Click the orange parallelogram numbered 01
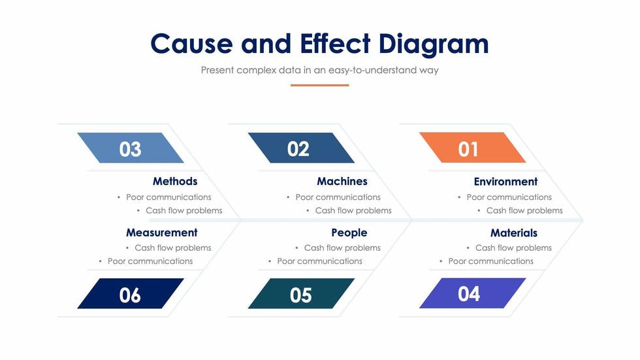click(472, 148)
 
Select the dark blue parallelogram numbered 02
click(301, 148)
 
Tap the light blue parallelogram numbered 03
click(131, 148)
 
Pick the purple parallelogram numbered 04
click(472, 293)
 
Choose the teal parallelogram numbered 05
click(301, 293)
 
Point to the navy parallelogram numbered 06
click(131, 293)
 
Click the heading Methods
click(175, 181)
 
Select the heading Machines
click(342, 181)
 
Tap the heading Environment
click(505, 182)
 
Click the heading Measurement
click(162, 233)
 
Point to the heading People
click(349, 233)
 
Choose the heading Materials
click(514, 233)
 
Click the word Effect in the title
click(335, 43)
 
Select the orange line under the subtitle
click(319, 86)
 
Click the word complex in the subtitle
click(256, 70)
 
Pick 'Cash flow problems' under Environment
click(524, 210)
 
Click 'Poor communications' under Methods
click(168, 197)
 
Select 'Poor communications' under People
click(319, 261)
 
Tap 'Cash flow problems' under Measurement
click(173, 248)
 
